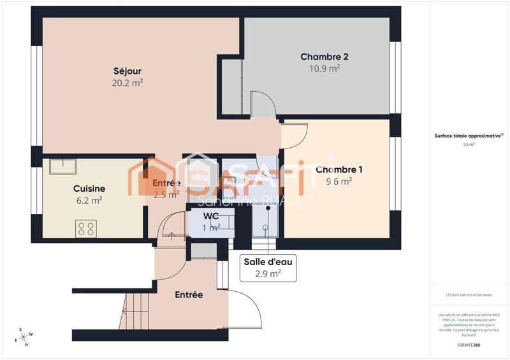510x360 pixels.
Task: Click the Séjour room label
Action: (x=127, y=71)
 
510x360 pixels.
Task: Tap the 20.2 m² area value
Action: (x=127, y=82)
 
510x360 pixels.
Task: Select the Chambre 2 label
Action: (x=324, y=57)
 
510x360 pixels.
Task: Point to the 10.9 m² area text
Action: (x=324, y=68)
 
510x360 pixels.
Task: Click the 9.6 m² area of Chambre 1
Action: (x=339, y=181)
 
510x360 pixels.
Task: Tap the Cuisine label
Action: (x=89, y=189)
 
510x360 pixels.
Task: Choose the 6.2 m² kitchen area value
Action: (x=89, y=200)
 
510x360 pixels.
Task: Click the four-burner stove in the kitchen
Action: (x=86, y=228)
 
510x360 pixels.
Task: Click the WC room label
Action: (x=211, y=217)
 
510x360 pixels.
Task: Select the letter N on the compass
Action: (x=27, y=344)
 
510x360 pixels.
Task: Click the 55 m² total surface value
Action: (x=469, y=145)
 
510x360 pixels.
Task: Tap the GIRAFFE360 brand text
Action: (x=469, y=344)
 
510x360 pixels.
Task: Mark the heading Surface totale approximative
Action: (x=469, y=136)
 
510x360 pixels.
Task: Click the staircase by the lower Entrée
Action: (x=135, y=310)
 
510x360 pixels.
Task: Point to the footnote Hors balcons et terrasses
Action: (x=469, y=295)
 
